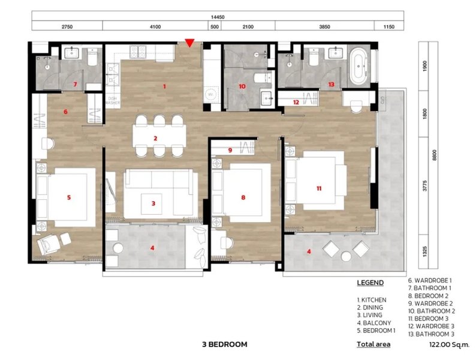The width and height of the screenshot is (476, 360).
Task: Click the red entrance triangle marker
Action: point(189,43)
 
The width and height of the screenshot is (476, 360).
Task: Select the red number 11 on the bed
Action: point(318,188)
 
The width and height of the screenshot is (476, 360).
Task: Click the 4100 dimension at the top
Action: point(155,27)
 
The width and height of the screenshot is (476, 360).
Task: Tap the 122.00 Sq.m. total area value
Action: point(445,344)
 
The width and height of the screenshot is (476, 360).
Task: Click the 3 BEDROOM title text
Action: point(225,344)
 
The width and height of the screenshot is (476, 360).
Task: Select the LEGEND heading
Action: point(370,283)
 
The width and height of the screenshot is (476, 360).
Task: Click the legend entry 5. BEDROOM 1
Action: point(376,329)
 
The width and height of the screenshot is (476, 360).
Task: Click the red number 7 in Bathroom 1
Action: point(75,85)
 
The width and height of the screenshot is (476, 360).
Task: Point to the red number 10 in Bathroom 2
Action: point(242,86)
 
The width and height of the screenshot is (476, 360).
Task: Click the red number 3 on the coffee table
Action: point(153,203)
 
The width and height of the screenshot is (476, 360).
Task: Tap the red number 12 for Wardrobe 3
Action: point(296,103)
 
